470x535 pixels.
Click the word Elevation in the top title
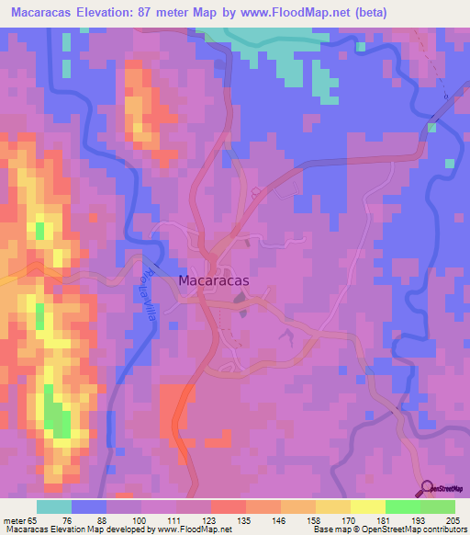click(x=111, y=13)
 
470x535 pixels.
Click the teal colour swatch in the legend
click(x=54, y=507)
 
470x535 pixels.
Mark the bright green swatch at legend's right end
click(x=437, y=507)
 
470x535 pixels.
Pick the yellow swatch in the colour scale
click(x=367, y=507)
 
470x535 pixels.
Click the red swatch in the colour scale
click(x=228, y=507)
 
